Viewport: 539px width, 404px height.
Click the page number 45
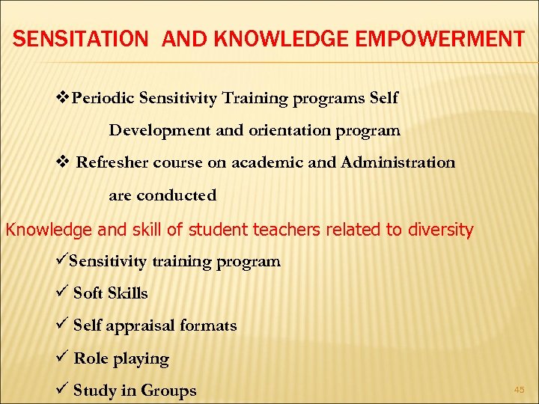519,389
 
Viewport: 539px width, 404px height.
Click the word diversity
439,230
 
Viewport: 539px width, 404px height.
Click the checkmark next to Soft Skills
63,293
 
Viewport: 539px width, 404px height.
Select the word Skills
128,293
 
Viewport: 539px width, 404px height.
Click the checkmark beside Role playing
63,358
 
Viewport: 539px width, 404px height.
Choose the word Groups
168,391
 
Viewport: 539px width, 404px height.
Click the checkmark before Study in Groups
63,390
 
